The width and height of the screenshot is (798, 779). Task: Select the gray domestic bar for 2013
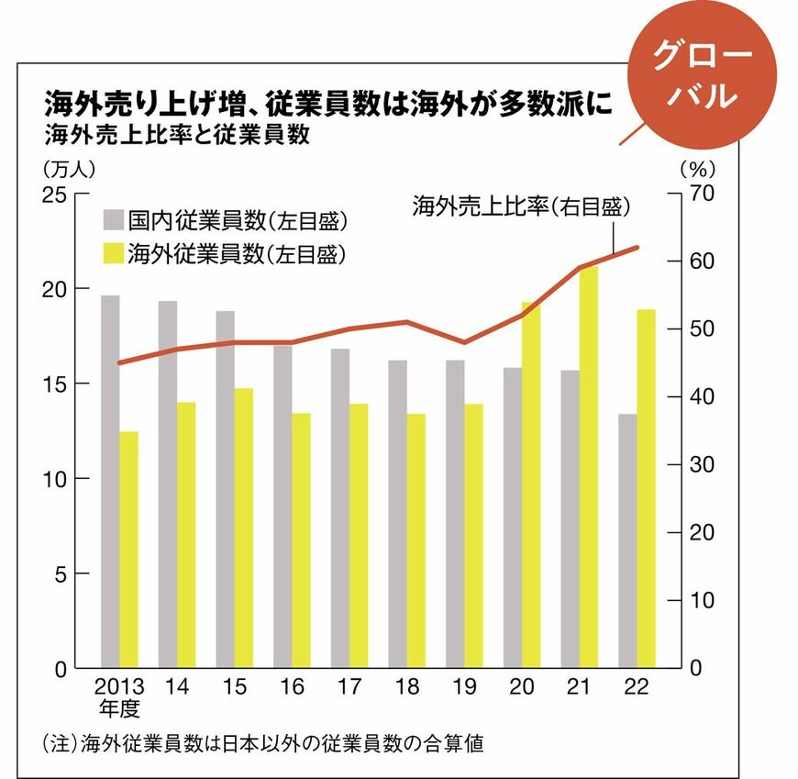tap(110, 482)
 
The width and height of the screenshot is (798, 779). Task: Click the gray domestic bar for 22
tap(627, 541)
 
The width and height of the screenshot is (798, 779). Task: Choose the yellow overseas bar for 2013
tap(129, 550)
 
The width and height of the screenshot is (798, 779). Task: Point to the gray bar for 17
tap(340, 508)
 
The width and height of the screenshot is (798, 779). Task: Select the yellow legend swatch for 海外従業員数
tap(113, 252)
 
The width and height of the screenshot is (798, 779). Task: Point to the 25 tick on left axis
tap(54, 194)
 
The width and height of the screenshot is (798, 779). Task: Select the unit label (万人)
tap(69, 169)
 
